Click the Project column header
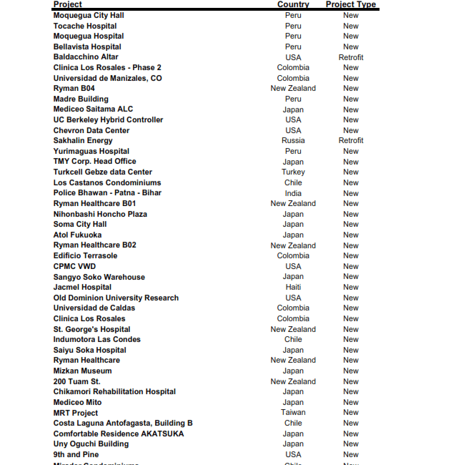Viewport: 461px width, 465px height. pos(68,4)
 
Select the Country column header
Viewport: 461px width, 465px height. pos(293,4)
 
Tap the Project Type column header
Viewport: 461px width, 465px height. pos(350,4)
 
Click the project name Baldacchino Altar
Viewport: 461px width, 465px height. pos(86,57)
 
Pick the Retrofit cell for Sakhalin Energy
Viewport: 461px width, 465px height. pos(350,141)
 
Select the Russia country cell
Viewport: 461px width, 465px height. pos(293,141)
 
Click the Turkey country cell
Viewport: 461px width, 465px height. pos(293,172)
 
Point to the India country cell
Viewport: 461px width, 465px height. pos(293,193)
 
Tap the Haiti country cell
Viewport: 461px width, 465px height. pos(293,287)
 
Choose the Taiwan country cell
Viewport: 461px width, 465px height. pos(293,413)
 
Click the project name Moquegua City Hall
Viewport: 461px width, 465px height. pos(89,15)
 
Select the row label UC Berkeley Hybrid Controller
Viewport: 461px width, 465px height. pos(108,120)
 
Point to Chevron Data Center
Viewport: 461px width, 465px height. pos(91,130)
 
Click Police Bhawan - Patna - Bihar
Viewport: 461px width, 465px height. pos(107,193)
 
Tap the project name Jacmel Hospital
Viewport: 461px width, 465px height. pos(82,287)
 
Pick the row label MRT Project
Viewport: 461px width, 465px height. pos(76,413)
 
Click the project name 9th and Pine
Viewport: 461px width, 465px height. pos(76,454)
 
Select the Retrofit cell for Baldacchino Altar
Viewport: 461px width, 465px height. pos(350,57)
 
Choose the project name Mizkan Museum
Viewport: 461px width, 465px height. pos(82,371)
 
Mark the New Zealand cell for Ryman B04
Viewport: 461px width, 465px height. pos(293,89)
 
